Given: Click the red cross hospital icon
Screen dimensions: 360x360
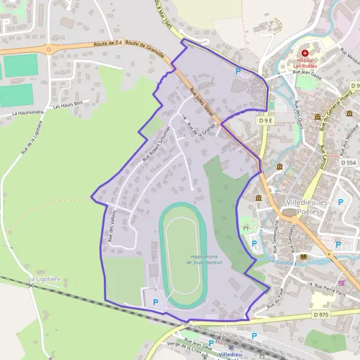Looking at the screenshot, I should pos(305,53).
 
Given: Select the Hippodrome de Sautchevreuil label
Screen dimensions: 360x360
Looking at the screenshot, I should pos(205,260).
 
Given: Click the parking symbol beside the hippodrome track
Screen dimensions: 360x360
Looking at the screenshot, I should pos(157,302).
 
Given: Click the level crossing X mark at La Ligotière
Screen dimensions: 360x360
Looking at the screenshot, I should pos(31,285).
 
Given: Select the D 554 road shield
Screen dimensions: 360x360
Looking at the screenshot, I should pos(348,163).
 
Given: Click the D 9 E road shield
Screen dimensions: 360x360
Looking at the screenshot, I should pos(267,121).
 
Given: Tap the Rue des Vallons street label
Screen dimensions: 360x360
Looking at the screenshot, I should pos(112,226).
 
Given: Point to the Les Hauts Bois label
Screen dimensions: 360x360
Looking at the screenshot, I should pos(67,106).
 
